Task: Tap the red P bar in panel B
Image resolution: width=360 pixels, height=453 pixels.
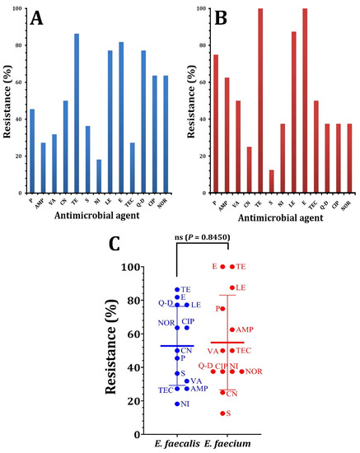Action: [x=215, y=124]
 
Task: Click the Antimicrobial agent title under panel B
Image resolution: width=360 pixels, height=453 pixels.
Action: [x=275, y=219]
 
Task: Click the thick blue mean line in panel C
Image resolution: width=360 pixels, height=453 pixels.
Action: [x=177, y=346]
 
